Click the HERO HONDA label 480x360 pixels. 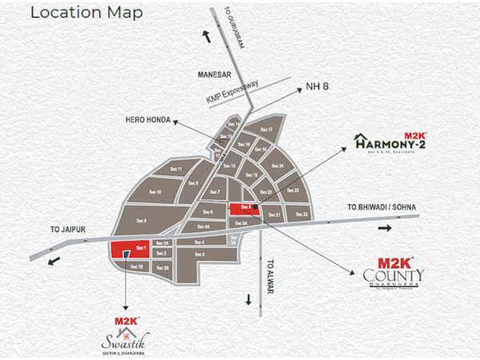(x=148, y=118)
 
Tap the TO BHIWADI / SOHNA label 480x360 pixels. (x=382, y=208)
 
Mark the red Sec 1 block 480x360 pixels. (x=129, y=249)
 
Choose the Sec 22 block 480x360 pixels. (x=301, y=214)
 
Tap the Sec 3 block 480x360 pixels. (x=200, y=254)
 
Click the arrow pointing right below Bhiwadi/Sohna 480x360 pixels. (x=384, y=228)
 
